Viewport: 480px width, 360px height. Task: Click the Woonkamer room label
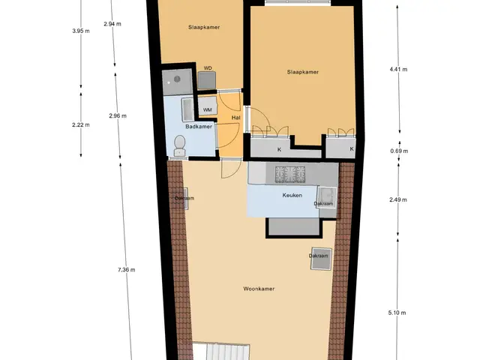coord(259,289)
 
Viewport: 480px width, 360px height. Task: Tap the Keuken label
coord(292,195)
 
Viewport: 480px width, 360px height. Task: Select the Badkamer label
coord(199,127)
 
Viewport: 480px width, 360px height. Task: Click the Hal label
coord(235,118)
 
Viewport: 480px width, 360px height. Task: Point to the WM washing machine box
coord(208,106)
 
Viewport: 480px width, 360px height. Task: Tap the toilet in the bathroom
coord(179,146)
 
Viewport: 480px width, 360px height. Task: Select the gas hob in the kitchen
coord(290,175)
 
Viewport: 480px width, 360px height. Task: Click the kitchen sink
coord(327,197)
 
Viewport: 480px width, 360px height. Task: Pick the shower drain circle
coord(177,79)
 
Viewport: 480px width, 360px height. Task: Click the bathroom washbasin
coord(187,109)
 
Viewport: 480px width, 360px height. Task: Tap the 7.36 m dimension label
coord(127,270)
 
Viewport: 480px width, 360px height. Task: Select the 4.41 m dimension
coord(398,70)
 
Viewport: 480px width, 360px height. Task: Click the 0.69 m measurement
coord(399,151)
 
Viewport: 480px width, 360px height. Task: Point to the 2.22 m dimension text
coord(81,124)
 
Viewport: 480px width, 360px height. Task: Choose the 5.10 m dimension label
coord(397,313)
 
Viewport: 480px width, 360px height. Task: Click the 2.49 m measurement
coord(398,200)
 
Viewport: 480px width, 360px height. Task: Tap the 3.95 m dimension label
coord(81,31)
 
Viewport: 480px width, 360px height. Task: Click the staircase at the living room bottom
coord(221,352)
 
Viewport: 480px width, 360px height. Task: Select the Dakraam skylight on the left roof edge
coord(185,198)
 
